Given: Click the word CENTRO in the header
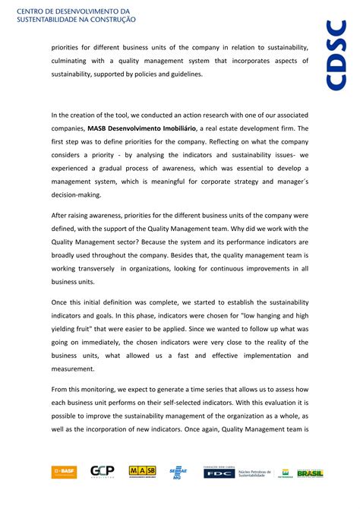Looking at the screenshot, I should [x=31, y=8].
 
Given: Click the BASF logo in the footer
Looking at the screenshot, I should [x=64, y=472].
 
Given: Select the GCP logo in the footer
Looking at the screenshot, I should [x=102, y=472].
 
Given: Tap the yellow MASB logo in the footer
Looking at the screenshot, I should [x=142, y=472].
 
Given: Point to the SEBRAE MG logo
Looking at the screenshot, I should [x=178, y=472].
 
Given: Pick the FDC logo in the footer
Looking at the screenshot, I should [x=219, y=472].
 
